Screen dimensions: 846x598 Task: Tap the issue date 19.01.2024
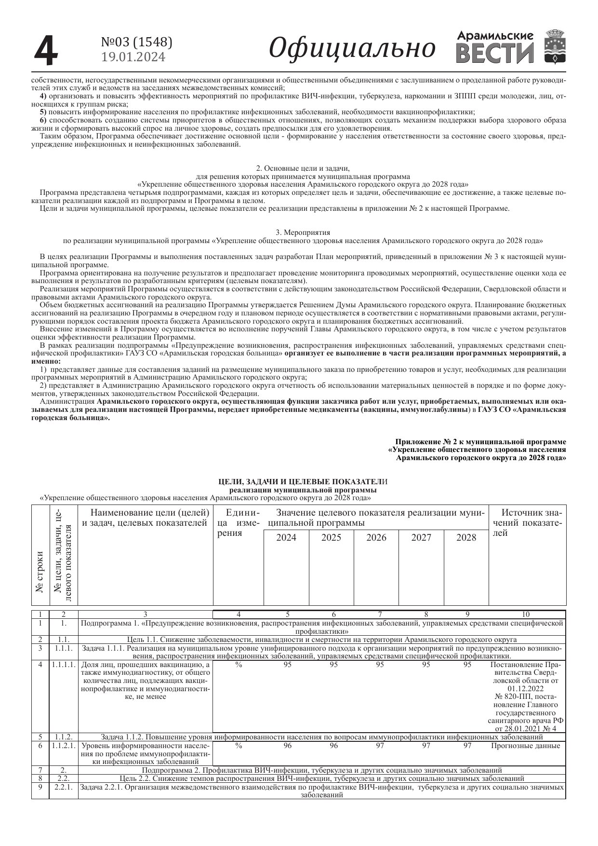(133, 57)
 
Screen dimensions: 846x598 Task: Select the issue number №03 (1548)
(136, 42)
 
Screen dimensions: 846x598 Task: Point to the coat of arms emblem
(555, 47)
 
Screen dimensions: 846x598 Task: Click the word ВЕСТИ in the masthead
(494, 53)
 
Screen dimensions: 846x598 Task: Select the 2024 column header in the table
(286, 538)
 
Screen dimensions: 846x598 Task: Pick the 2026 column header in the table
(376, 538)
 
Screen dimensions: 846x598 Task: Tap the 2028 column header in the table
(466, 538)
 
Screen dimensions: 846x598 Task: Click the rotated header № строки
(40, 572)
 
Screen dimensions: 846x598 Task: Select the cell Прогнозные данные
(525, 746)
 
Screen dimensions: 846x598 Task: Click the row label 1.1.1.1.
(64, 665)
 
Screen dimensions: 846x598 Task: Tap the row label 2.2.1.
(63, 787)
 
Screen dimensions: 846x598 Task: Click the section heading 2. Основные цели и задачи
(303, 168)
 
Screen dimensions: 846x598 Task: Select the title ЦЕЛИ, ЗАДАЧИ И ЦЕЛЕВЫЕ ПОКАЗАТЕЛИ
(303, 482)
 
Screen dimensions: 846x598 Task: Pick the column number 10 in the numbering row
(526, 614)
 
